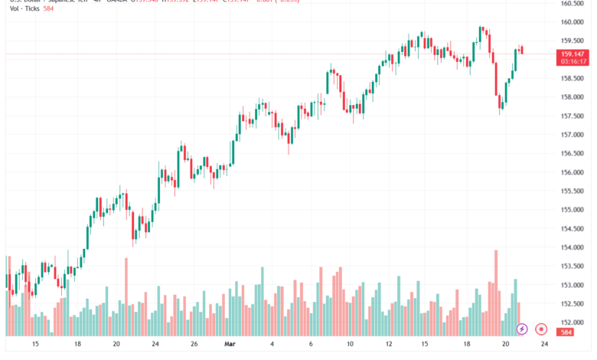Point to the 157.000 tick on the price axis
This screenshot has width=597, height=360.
click(x=573, y=135)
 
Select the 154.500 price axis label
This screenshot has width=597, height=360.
click(x=573, y=228)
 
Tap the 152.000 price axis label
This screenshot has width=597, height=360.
click(x=573, y=322)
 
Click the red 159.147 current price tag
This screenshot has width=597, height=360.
click(x=573, y=54)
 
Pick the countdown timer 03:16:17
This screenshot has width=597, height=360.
click(x=573, y=61)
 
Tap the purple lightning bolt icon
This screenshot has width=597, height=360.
click(x=522, y=329)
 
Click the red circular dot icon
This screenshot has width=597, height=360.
click(x=541, y=329)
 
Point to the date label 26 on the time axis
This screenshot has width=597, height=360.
click(x=194, y=345)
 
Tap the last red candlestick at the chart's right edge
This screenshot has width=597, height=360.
click(x=521, y=50)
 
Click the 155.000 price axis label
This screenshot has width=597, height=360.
click(x=573, y=210)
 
